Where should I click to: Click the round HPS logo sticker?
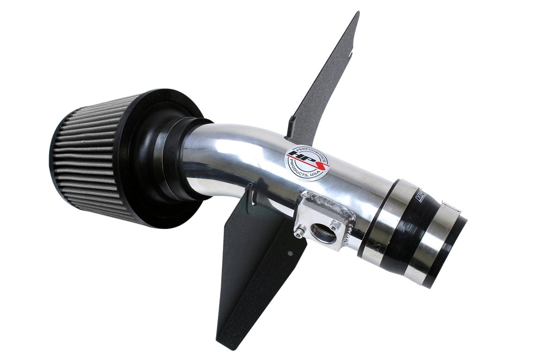(308, 162)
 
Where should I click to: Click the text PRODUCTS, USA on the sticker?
(311, 173)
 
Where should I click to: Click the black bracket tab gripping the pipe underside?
(253, 198)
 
